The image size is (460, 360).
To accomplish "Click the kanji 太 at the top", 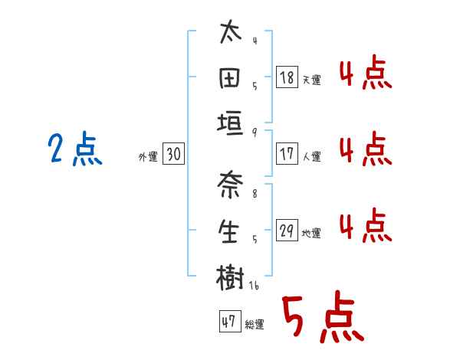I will point(230,34).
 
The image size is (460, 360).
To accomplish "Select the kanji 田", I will point(230,77).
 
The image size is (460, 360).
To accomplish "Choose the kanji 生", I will point(230,231).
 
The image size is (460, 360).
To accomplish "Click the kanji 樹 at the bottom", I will point(230,277).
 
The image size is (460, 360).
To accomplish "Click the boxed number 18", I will point(287,77).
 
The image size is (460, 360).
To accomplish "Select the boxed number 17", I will point(287,154).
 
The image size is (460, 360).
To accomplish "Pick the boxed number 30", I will point(173,154).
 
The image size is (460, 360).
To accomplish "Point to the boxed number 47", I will point(228,322).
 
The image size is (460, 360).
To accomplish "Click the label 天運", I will point(311,80).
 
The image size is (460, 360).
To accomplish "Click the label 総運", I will point(255,325).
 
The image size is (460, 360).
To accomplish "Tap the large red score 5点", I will point(322,318).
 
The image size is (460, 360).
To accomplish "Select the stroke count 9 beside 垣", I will point(254,132).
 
